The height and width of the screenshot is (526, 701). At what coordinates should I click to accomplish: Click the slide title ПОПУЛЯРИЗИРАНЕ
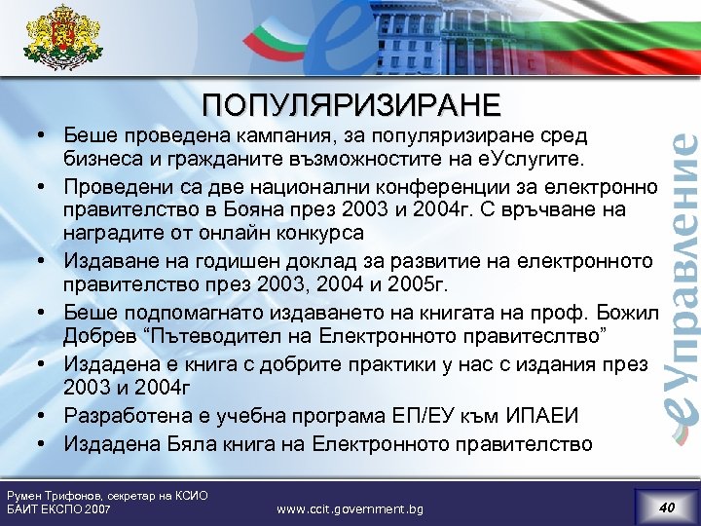351,104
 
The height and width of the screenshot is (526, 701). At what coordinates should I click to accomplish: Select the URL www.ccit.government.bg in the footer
350,508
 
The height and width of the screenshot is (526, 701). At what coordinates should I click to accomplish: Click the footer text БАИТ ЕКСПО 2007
58,509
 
